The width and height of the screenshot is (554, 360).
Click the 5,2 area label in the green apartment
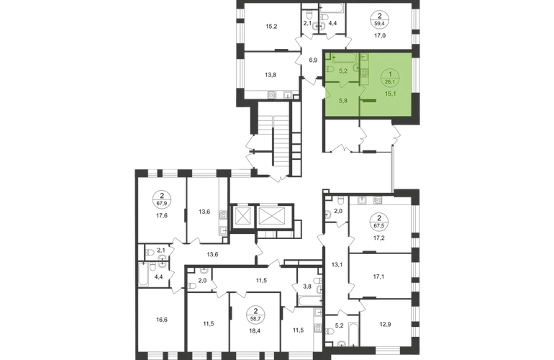343,71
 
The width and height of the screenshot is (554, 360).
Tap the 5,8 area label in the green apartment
343,102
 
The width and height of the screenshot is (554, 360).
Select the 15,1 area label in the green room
391,92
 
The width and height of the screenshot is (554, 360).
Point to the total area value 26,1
391,81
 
